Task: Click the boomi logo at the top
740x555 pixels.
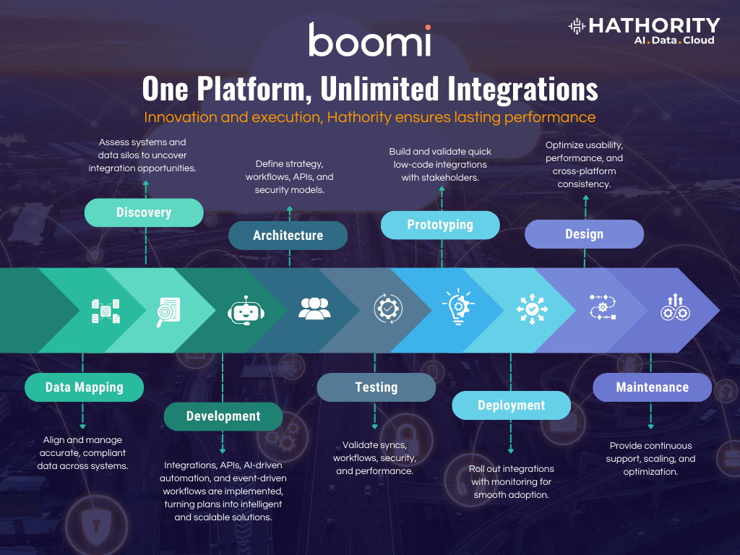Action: tap(370, 40)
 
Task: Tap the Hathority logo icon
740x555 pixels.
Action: tap(577, 26)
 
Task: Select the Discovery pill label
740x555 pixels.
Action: tap(144, 212)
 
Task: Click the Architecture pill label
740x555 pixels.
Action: tap(288, 235)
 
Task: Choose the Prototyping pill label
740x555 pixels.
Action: tap(440, 225)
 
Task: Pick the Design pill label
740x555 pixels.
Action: tap(584, 234)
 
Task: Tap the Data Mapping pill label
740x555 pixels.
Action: tap(84, 387)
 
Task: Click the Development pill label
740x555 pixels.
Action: tap(223, 416)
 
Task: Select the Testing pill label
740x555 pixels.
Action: tap(376, 387)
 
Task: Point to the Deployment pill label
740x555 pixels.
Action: tap(512, 405)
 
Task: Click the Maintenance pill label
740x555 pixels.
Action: tap(653, 387)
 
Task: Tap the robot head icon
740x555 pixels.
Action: tap(246, 311)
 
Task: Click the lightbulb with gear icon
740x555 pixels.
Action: tap(458, 306)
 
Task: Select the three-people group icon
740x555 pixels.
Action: tap(315, 309)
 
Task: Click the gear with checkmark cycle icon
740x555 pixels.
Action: tap(388, 309)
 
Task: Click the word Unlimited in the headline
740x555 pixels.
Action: tap(380, 89)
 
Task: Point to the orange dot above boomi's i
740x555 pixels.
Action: tap(428, 27)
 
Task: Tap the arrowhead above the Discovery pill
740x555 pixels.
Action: tap(146, 183)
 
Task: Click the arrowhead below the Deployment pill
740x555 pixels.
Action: tap(511, 451)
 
